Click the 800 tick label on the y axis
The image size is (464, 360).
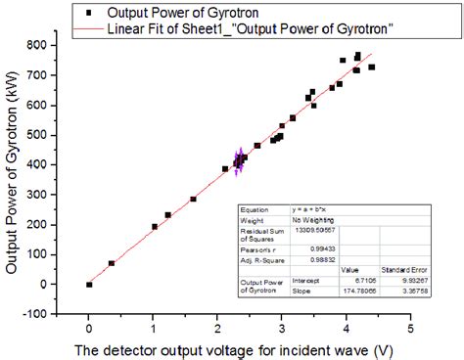[x=43, y=45]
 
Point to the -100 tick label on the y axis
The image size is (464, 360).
[x=41, y=314]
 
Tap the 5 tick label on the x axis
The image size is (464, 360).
[x=410, y=328]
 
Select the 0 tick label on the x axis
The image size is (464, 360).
[x=88, y=328]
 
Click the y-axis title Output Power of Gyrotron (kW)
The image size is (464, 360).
[x=13, y=176]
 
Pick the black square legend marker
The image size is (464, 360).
[x=89, y=14]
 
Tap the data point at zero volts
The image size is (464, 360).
[x=89, y=284]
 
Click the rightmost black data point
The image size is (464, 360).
[x=371, y=67]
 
